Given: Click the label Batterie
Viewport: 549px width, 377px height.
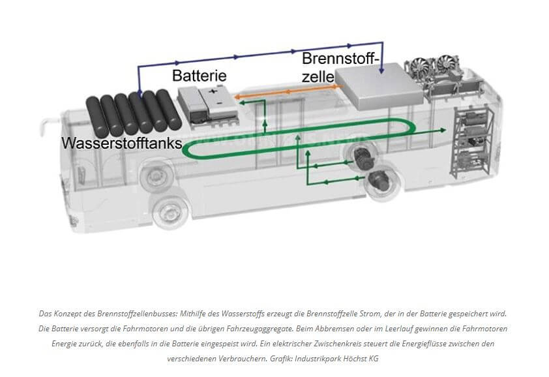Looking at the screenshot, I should [x=199, y=76].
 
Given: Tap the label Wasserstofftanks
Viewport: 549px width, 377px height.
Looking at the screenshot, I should [x=121, y=143].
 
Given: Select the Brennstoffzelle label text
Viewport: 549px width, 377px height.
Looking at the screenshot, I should [x=340, y=68].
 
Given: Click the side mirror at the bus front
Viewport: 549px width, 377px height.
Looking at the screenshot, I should [x=44, y=124].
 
